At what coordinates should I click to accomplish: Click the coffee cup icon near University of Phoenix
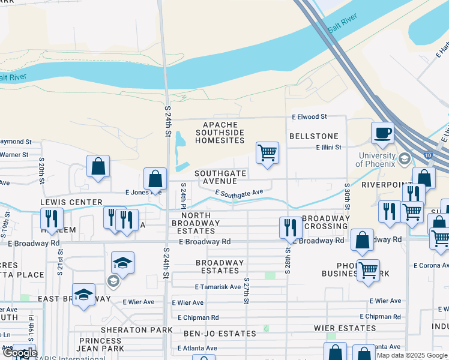(x=382, y=133)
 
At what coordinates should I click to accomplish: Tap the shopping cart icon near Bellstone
(x=267, y=152)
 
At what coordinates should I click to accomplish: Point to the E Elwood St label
(x=309, y=116)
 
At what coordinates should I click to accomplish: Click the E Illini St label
(x=328, y=147)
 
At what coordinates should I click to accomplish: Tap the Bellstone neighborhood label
(x=313, y=136)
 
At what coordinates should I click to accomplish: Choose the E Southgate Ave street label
(x=240, y=193)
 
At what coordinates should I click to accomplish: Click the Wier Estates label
(x=345, y=328)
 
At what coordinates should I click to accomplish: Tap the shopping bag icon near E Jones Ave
(x=155, y=179)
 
